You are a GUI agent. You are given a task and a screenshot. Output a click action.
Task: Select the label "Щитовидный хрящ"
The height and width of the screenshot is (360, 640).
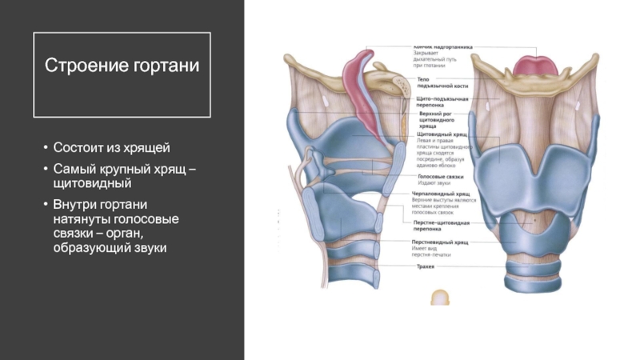coord(442,135)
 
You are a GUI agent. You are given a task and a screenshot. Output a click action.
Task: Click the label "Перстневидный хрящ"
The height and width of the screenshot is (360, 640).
coord(441,241)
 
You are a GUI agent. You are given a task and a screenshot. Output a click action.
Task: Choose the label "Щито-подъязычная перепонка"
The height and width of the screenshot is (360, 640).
coord(442,102)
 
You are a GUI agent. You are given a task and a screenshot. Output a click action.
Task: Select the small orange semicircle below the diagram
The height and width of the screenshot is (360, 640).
coord(439,298)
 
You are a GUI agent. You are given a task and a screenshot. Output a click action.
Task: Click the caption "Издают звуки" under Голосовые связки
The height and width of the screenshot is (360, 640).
coord(432,183)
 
